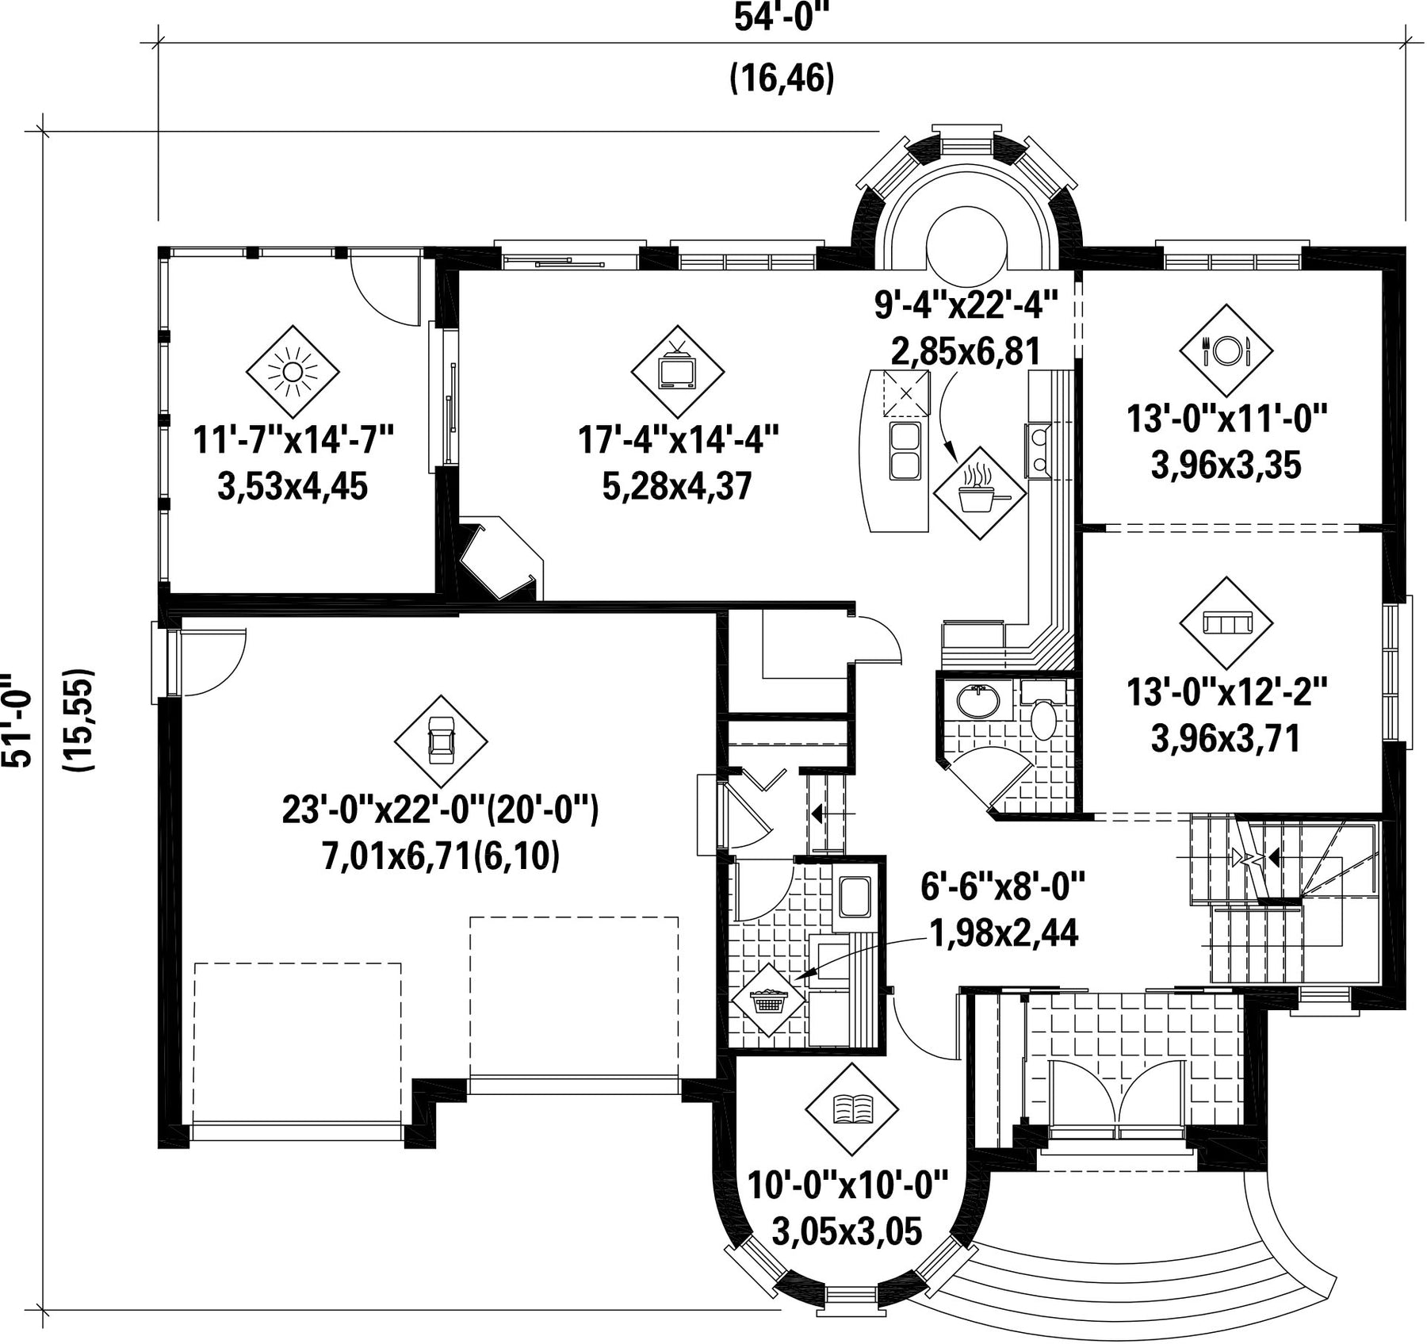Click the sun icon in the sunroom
pos(293,371)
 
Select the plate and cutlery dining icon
pos(1226,350)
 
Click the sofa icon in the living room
pos(1226,622)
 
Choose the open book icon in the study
pos(851,1109)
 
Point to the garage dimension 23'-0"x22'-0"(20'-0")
pos(441,810)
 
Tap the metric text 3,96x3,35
pos(1226,465)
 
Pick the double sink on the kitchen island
pos(904,450)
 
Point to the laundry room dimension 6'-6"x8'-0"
pos(1003,886)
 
